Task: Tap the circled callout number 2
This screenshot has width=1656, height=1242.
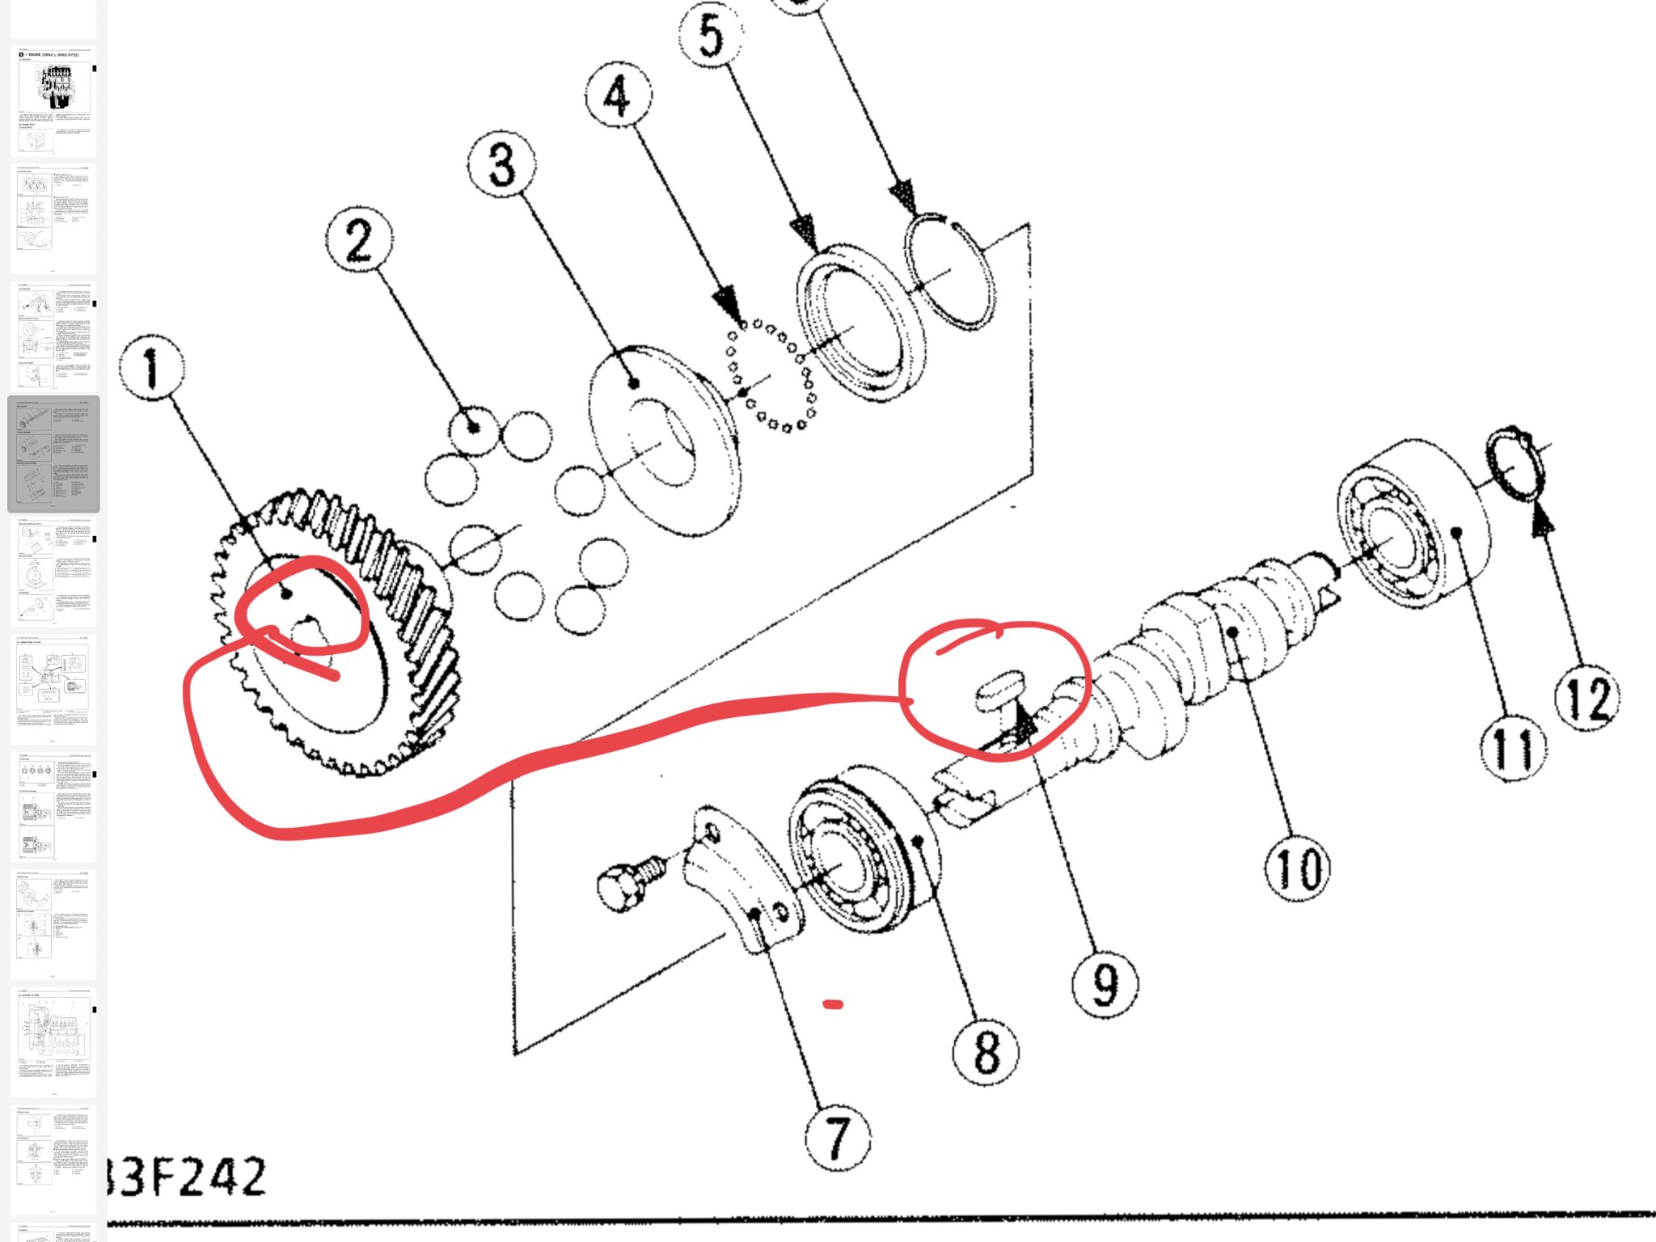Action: [x=360, y=240]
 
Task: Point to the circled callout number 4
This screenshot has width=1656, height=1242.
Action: [x=618, y=95]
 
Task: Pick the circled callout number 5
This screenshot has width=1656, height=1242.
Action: [x=711, y=36]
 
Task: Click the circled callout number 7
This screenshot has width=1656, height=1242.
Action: [x=839, y=1138]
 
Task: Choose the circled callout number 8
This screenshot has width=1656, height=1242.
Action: [x=986, y=1051]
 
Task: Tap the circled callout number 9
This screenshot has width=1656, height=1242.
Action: [x=1105, y=984]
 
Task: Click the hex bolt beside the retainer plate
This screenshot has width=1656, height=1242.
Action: [x=631, y=884]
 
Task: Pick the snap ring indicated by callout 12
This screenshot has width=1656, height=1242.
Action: [x=1516, y=465]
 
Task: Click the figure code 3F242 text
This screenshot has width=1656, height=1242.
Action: [x=186, y=1177]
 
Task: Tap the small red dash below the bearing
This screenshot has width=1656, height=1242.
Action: [x=833, y=1005]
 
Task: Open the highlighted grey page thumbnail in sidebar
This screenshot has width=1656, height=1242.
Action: [x=53, y=454]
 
